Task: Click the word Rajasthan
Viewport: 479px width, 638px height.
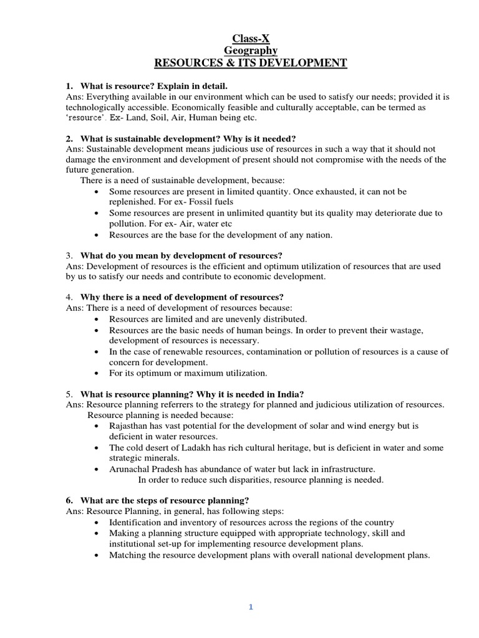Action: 130,426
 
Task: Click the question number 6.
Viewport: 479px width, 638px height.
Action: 69,500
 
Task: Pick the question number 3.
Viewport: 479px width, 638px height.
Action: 68,255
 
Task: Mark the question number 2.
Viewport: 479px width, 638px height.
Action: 69,138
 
